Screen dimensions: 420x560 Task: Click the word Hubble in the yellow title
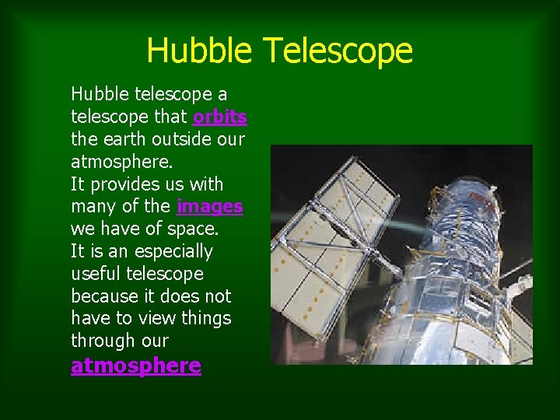[198, 51]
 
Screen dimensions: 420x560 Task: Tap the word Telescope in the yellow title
[337, 51]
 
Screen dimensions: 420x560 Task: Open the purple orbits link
[220, 117]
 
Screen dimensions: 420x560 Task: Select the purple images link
[209, 207]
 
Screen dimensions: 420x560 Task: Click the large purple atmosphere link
[135, 366]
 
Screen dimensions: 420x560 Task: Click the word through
[101, 341]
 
